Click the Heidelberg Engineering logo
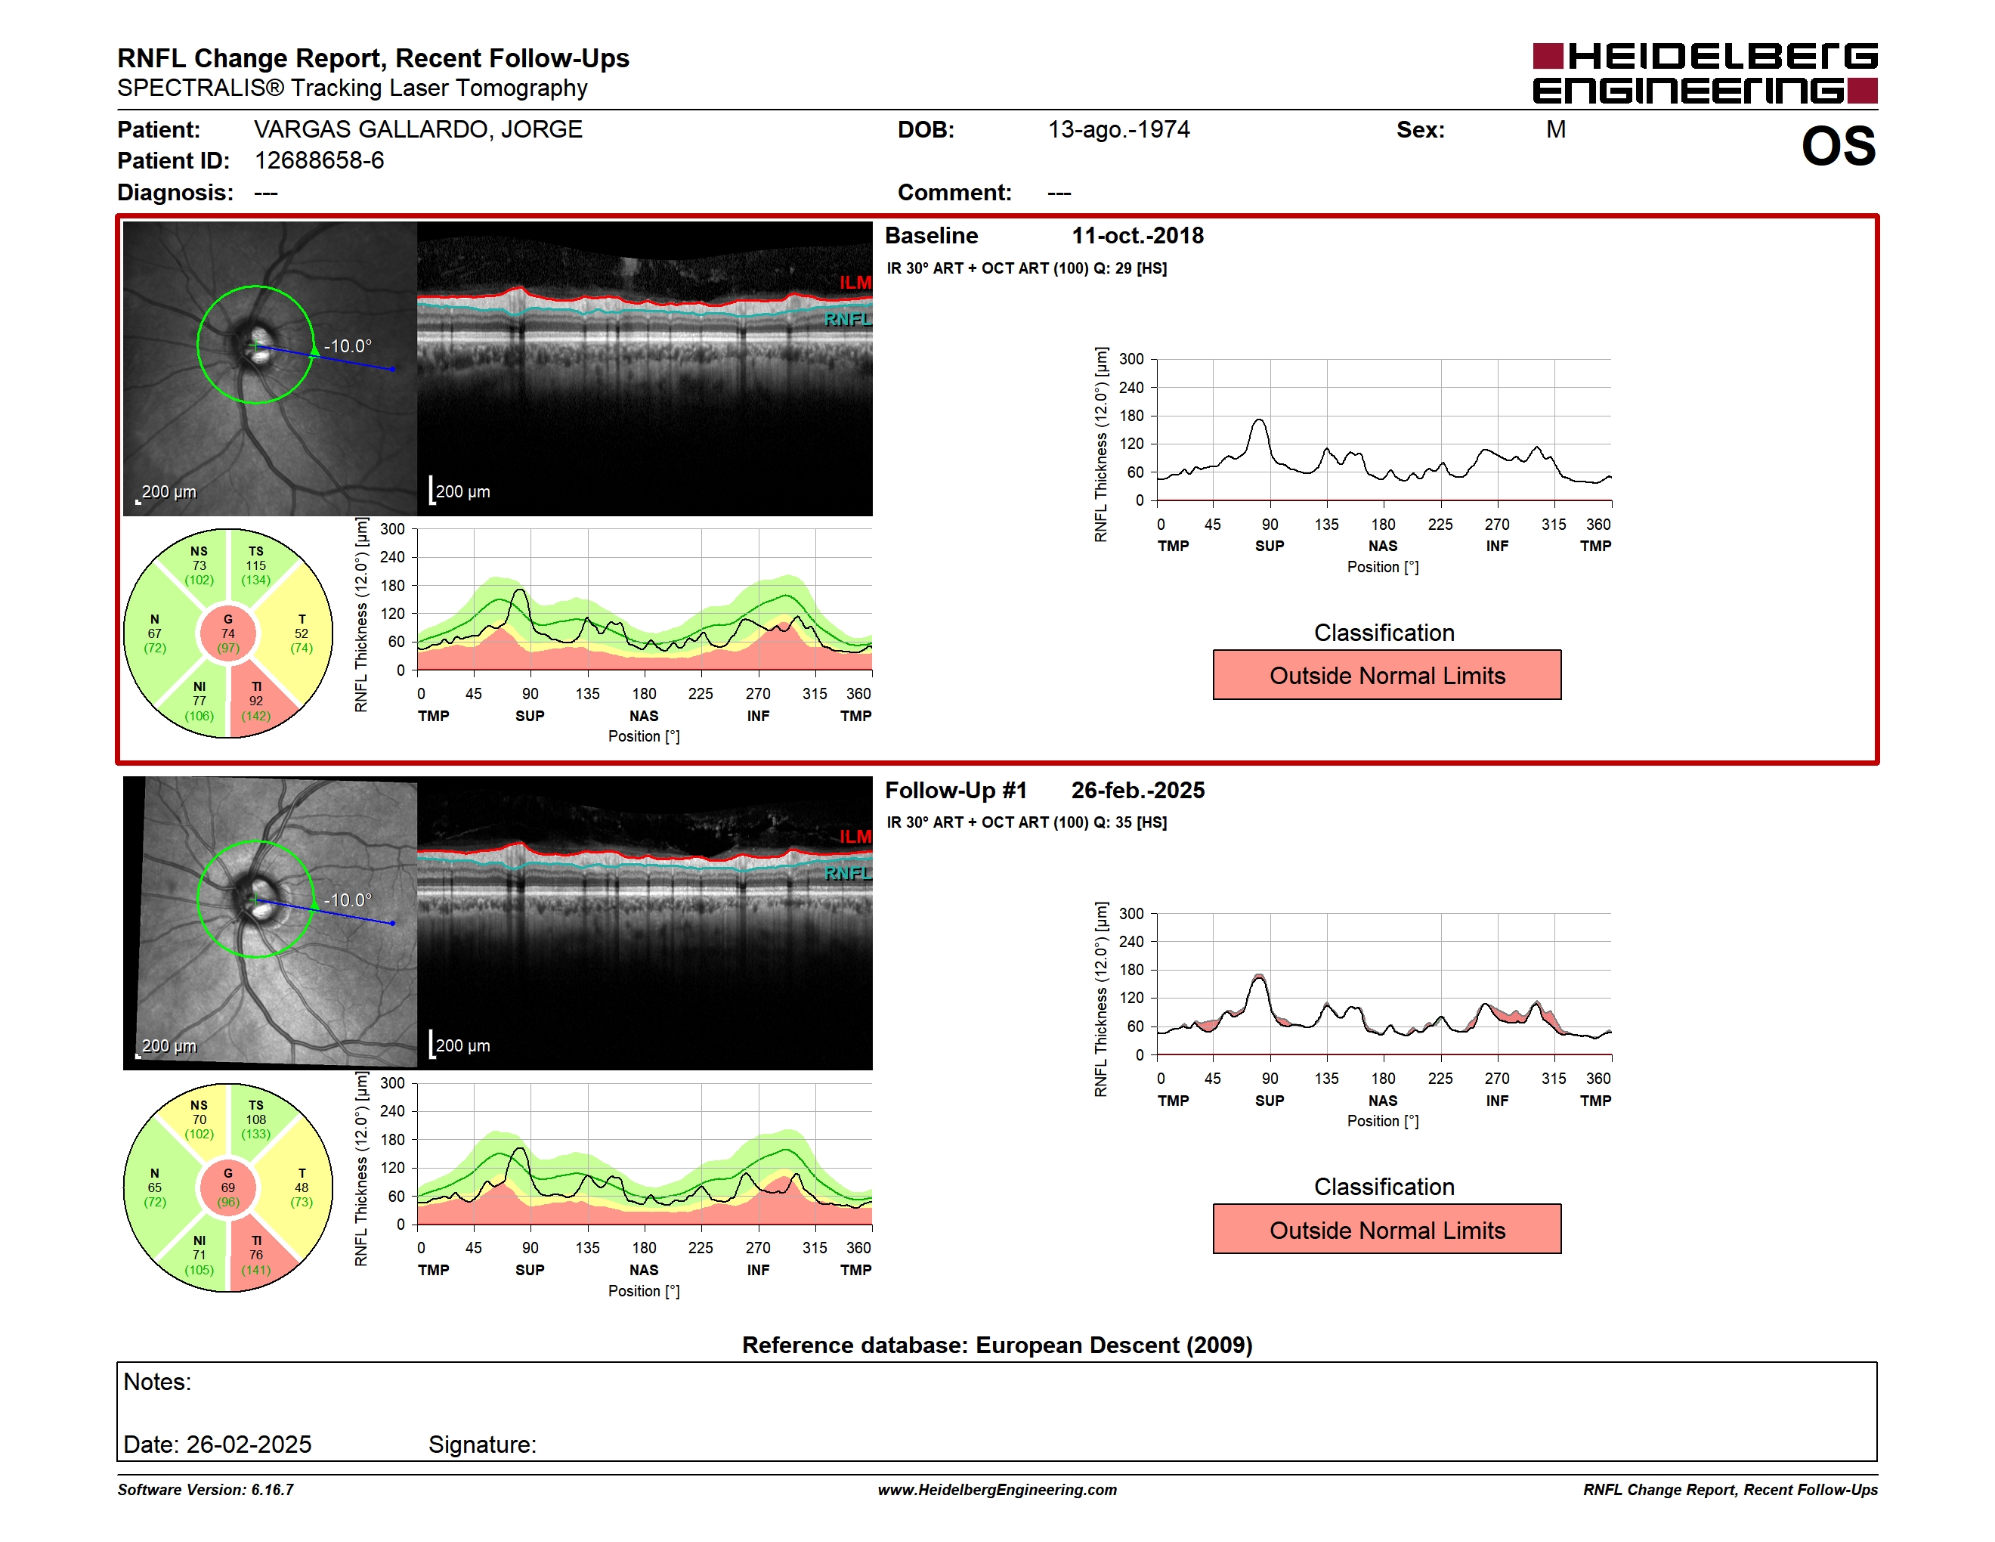[1705, 73]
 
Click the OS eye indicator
[1838, 146]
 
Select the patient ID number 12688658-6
[319, 161]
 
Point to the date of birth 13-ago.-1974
[1119, 130]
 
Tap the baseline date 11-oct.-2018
[1137, 236]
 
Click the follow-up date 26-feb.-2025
[1138, 790]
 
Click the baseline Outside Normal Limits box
[1387, 675]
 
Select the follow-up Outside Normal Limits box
[1387, 1230]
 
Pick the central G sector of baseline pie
[228, 633]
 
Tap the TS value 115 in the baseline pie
[255, 565]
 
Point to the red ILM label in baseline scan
[855, 282]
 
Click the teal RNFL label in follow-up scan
[848, 873]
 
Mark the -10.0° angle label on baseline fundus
[348, 346]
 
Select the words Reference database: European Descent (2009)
[997, 1345]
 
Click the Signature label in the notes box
[482, 1444]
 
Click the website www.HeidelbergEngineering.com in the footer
[998, 1490]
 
